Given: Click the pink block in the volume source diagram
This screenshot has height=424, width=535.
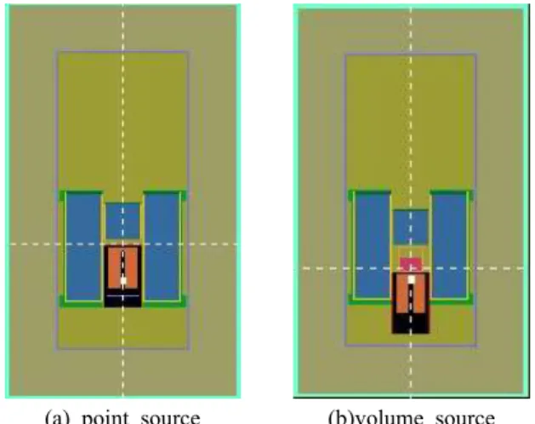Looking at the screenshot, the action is click(x=411, y=263).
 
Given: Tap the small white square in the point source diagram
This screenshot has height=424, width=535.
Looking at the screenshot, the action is click(x=123, y=281).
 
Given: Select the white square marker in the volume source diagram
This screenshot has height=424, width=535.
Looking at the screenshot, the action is click(x=412, y=279).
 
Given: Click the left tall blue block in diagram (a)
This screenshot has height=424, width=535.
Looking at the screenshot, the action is click(x=83, y=247).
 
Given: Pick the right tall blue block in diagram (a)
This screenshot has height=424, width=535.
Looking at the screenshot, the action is click(x=162, y=247).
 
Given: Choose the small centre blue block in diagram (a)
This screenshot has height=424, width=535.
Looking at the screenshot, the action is click(x=122, y=221).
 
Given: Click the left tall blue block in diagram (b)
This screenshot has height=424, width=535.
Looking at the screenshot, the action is click(x=373, y=246).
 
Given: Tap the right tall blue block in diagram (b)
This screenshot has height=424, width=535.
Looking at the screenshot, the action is click(x=449, y=246).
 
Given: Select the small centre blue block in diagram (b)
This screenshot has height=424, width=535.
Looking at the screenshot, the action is click(x=411, y=227).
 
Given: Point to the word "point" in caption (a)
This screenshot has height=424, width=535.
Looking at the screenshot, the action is click(x=105, y=418).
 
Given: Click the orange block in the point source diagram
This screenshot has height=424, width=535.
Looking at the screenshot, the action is click(x=122, y=267).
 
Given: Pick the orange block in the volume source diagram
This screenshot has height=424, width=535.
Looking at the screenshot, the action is click(x=411, y=293).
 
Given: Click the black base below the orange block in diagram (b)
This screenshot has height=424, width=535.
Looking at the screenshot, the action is click(x=411, y=324).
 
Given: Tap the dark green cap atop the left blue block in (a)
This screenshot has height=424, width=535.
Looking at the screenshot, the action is click(x=84, y=192).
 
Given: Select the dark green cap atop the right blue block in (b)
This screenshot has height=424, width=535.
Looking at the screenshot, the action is click(x=449, y=192).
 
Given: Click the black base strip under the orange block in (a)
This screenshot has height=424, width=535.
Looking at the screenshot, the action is click(x=122, y=301).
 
